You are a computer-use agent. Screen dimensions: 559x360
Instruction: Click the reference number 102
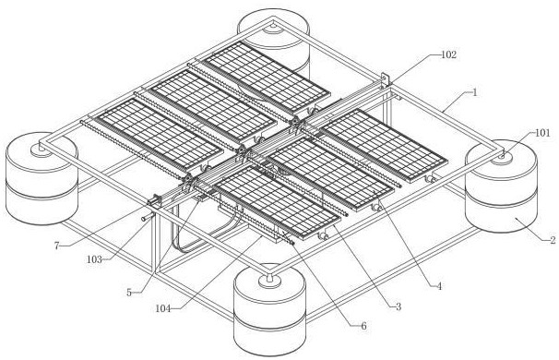[448, 54]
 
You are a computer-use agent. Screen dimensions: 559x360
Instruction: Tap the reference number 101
[542, 133]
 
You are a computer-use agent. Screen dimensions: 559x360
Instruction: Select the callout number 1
[474, 92]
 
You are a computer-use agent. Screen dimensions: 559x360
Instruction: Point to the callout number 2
[553, 240]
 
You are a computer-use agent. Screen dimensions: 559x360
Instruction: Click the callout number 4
[439, 286]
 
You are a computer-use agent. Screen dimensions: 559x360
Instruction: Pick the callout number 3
[398, 306]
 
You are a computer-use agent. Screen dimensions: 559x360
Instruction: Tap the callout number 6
[363, 326]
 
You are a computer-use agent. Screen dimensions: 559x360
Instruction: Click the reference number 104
[163, 308]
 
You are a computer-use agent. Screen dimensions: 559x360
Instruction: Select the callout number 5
[129, 293]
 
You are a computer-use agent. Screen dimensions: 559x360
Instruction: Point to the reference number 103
[94, 259]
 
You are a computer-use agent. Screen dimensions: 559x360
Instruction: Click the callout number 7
[56, 246]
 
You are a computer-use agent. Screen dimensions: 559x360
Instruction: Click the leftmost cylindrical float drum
[42, 178]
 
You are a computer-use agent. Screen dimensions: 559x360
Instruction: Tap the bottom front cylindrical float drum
[269, 310]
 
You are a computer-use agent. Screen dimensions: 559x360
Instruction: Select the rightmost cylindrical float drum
[501, 186]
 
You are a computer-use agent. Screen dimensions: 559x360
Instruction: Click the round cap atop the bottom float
[270, 281]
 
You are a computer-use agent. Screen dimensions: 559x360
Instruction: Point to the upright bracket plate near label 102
[385, 80]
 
